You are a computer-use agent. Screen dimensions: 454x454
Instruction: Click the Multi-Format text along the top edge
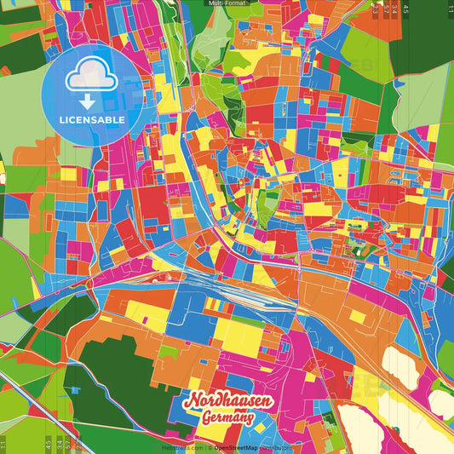click(x=227, y=4)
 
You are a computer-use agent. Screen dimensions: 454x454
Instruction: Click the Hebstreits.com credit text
click(x=180, y=447)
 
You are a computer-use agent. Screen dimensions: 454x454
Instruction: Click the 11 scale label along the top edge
click(x=450, y=8)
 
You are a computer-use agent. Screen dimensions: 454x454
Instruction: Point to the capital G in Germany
click(x=207, y=418)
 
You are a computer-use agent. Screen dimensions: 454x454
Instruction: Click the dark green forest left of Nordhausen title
click(x=119, y=375)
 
